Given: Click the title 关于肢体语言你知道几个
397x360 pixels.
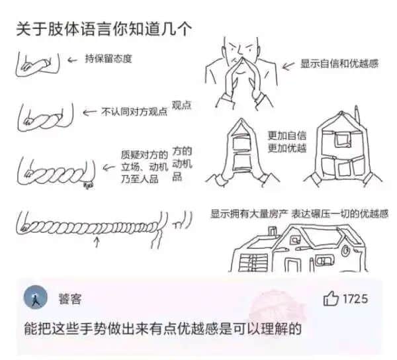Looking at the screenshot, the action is (104, 29).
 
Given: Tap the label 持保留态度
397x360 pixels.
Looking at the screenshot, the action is (109, 59).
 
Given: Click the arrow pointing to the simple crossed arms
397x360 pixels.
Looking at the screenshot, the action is (72, 60).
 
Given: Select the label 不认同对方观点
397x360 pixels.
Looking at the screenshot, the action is (134, 112).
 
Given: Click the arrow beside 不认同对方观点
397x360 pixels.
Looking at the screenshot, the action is (89, 112).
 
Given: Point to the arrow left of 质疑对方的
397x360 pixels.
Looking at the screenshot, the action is (109, 167).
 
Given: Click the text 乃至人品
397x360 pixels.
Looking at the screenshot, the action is (140, 179).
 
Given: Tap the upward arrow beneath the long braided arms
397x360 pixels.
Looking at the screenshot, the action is (97, 242).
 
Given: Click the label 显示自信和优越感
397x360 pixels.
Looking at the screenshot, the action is (339, 64).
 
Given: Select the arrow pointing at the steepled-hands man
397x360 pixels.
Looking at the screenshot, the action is (288, 66).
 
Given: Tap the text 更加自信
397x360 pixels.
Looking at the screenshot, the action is (287, 136).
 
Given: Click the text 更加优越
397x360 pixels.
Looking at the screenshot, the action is (287, 148).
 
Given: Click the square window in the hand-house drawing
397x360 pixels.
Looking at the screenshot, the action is (342, 139).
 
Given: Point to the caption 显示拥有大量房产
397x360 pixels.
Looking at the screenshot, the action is (249, 214).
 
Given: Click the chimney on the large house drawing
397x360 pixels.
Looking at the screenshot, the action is (273, 232).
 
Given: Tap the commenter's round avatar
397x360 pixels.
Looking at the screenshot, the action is (36, 297).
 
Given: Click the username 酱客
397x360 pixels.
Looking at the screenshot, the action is (70, 299).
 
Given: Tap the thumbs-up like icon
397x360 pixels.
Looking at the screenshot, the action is (330, 298).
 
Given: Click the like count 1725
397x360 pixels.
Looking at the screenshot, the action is (355, 299).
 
